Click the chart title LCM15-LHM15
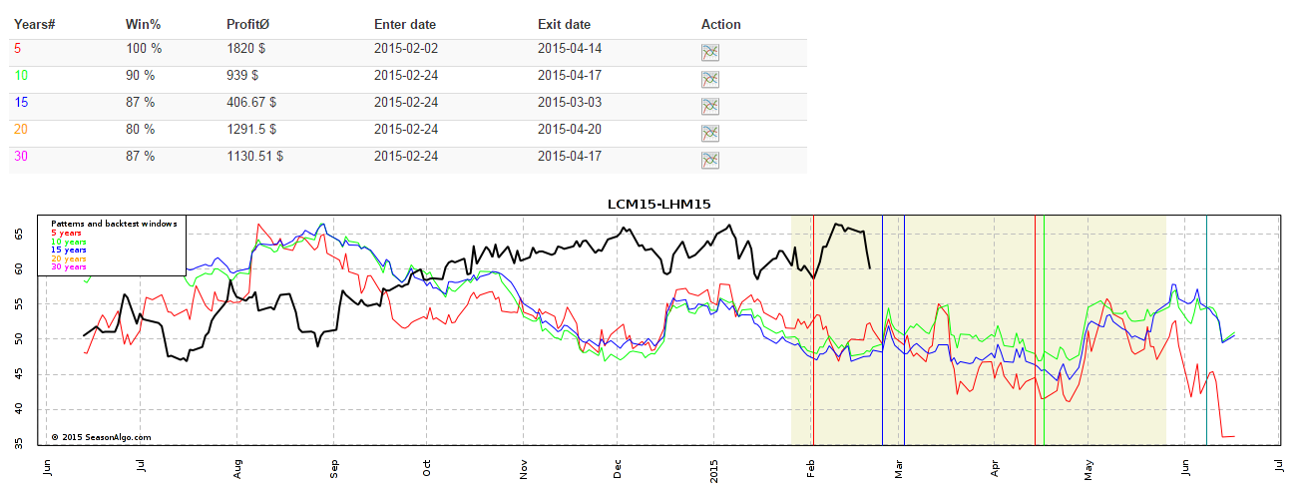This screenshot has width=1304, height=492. [x=658, y=204]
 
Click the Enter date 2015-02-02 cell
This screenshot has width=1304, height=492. [x=406, y=48]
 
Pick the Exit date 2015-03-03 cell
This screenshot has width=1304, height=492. [x=570, y=102]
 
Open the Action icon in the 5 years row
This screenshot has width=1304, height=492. [x=710, y=53]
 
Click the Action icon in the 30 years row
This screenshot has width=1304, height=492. [x=710, y=161]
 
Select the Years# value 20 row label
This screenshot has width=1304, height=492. [x=21, y=129]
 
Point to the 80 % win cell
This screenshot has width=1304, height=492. [x=140, y=129]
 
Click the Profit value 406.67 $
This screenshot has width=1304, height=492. [x=251, y=102]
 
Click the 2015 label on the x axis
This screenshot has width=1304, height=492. [x=714, y=468]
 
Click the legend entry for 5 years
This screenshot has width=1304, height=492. [x=68, y=233]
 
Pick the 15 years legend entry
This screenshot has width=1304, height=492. [x=70, y=249]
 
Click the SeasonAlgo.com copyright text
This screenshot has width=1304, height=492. [x=101, y=436]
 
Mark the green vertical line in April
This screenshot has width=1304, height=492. [x=1044, y=329]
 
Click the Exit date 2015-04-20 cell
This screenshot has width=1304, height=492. [x=570, y=129]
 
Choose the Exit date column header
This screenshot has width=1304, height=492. [x=564, y=24]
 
